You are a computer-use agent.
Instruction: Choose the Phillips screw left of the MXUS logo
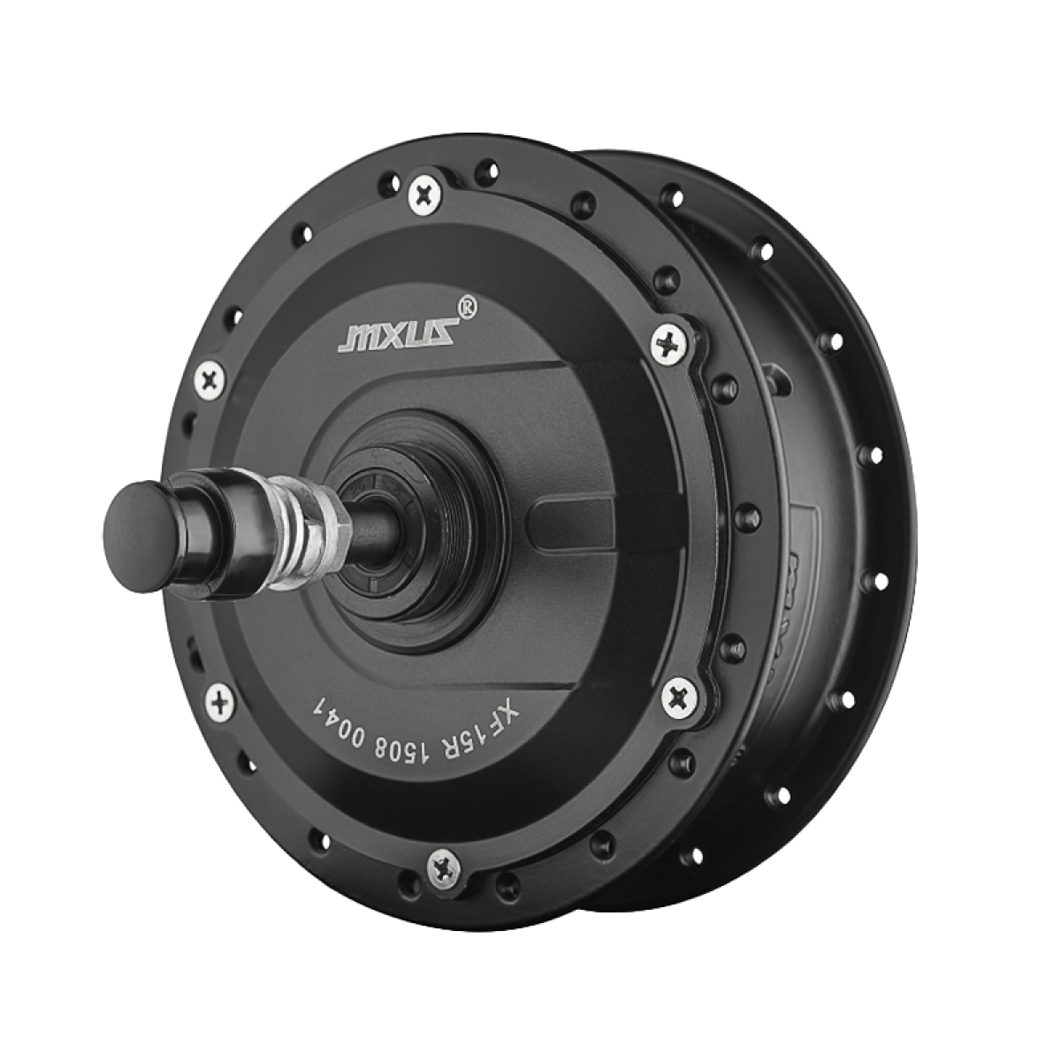[210, 380]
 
